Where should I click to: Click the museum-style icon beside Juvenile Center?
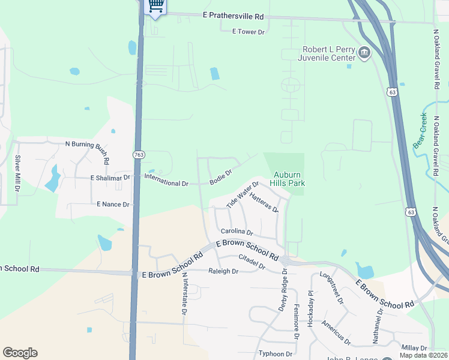pos(363,54)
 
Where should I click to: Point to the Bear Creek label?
pos(420,130)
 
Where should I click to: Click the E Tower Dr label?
pos(248,31)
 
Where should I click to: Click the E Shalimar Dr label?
pos(110,178)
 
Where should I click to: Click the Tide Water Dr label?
pos(242,195)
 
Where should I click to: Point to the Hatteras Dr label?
pos(264,202)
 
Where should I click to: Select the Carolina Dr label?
pos(237,232)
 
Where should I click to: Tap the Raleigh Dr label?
pos(223,271)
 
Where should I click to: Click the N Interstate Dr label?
pos(185,293)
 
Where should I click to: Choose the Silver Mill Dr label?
pos(17,173)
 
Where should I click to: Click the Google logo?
pos(20,353)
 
